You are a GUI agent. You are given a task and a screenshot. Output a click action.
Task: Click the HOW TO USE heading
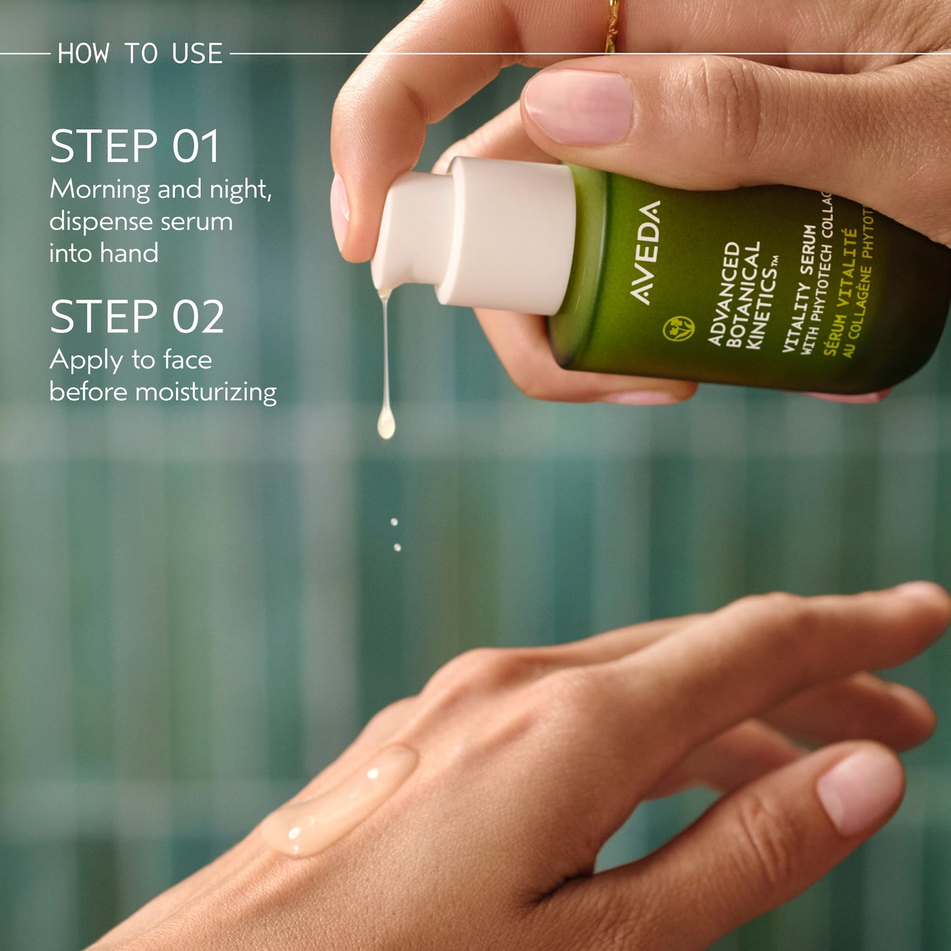[x=140, y=53]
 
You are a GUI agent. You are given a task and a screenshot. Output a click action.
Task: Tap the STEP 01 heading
[x=134, y=146]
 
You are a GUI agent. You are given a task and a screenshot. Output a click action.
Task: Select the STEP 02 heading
[x=137, y=317]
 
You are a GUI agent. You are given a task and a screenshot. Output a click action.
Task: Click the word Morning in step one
[x=100, y=190]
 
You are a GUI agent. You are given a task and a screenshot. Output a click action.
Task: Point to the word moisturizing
[x=205, y=392]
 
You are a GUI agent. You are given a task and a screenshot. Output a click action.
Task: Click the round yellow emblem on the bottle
[x=679, y=327]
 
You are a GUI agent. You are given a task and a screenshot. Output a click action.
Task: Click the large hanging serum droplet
[x=386, y=424]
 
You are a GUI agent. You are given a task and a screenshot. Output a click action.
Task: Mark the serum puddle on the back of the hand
[x=341, y=800]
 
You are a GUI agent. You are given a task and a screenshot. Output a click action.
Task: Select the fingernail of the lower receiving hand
[x=860, y=790]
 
